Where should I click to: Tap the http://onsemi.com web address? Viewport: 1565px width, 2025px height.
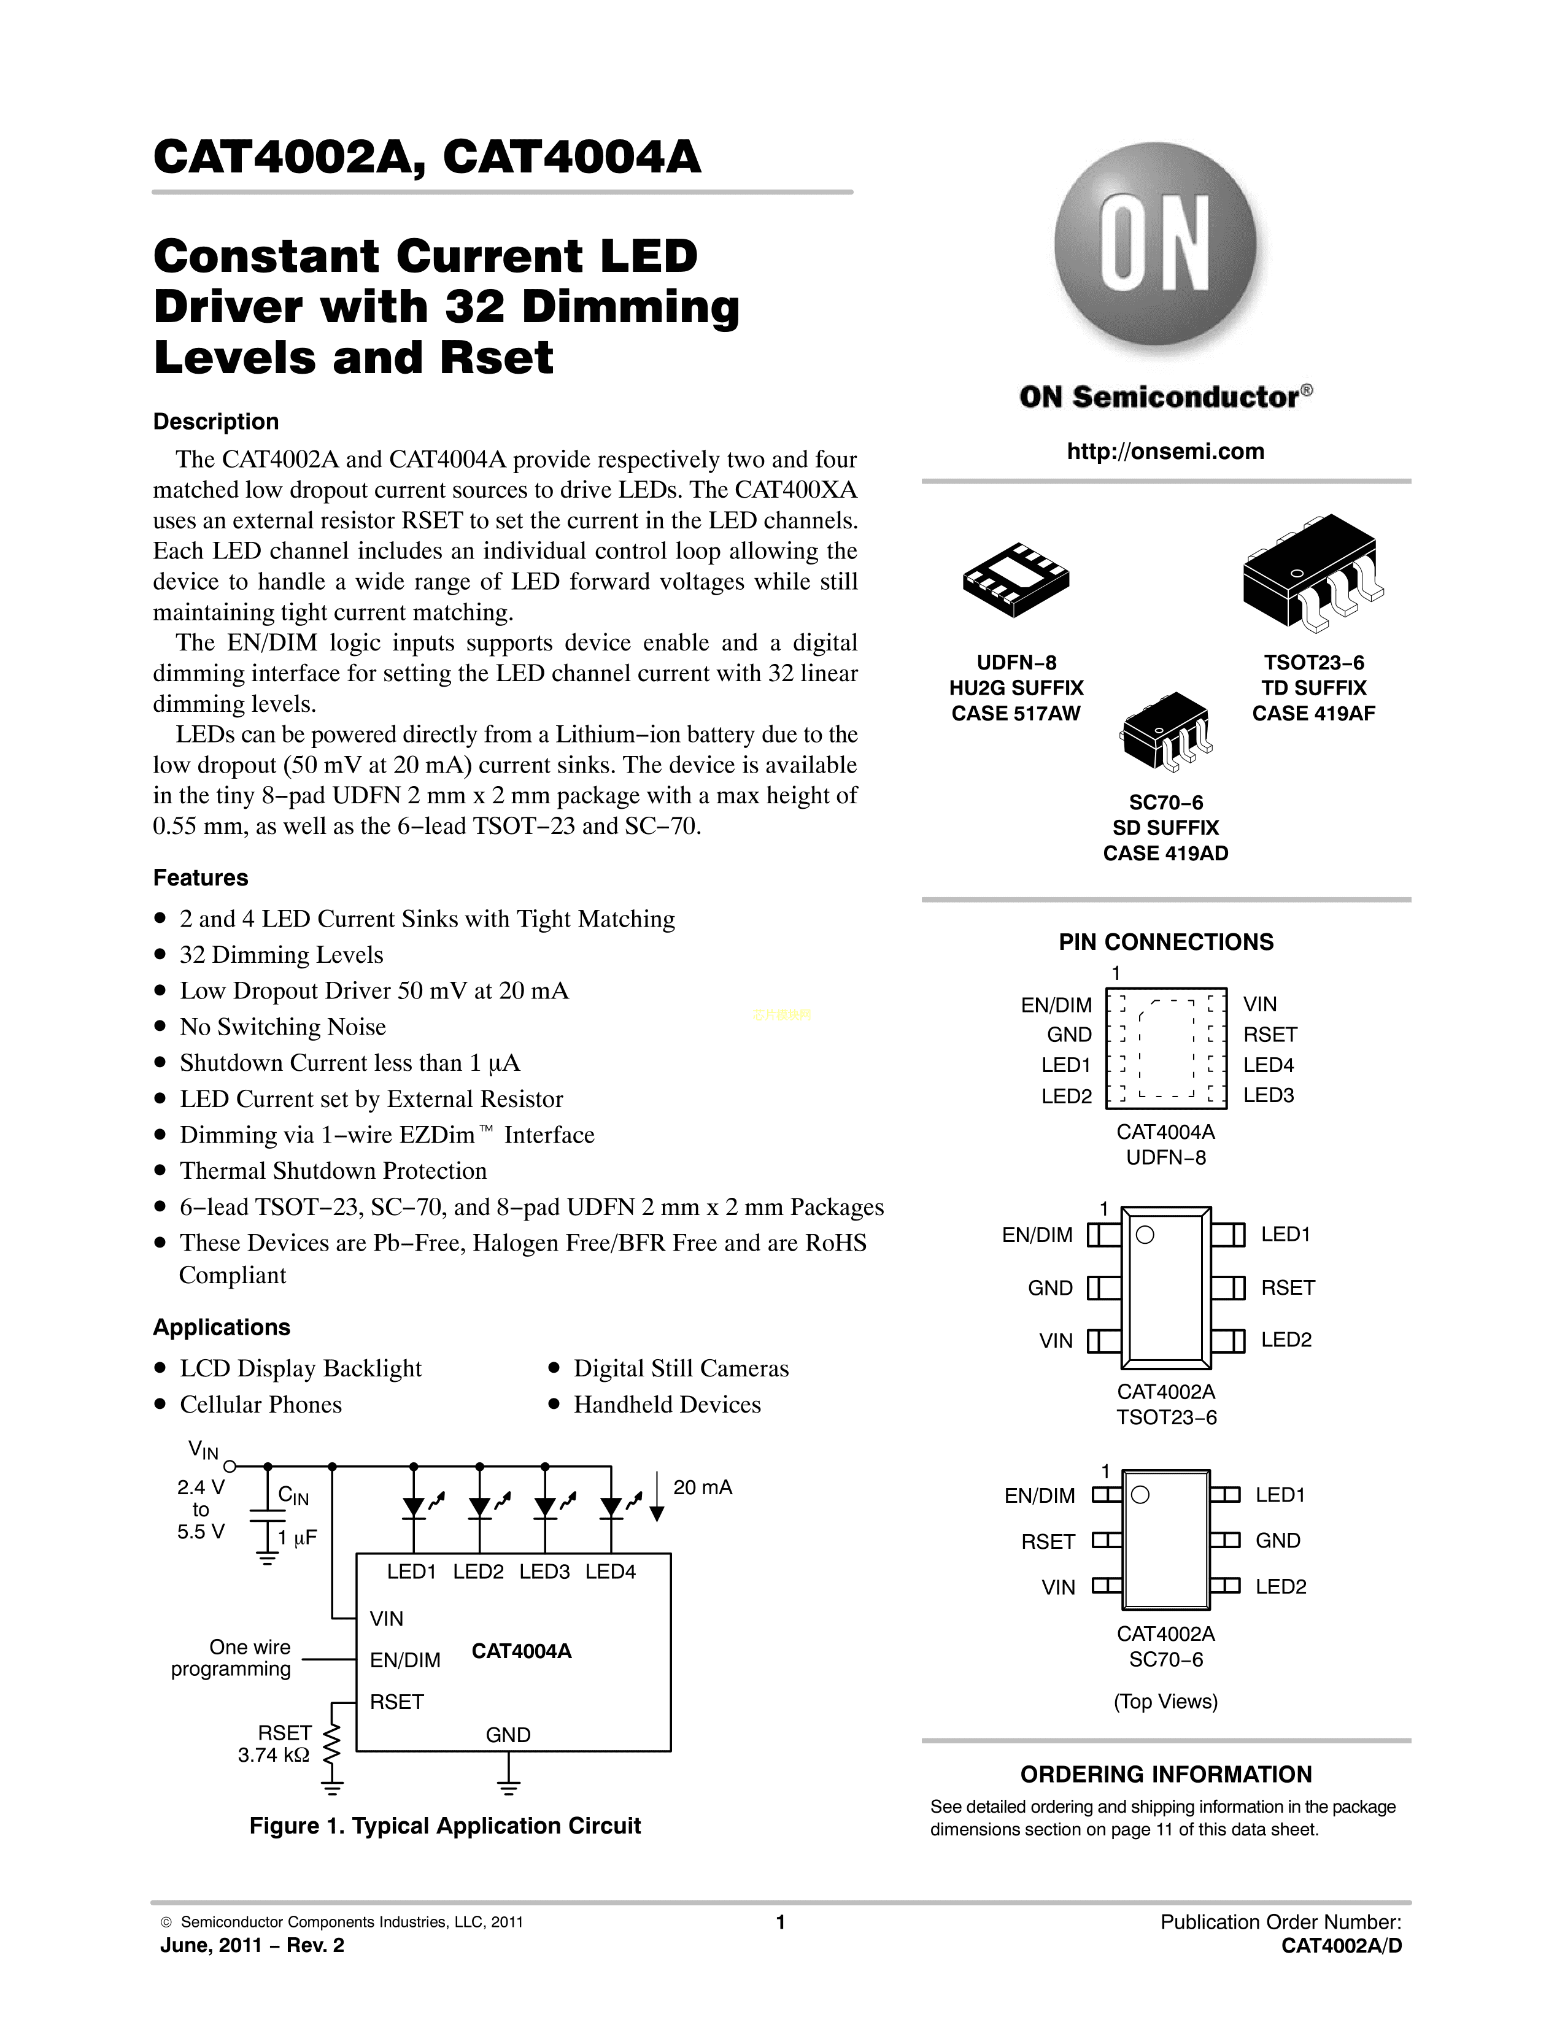tap(1165, 452)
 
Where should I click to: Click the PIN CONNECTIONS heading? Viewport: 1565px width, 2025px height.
tap(1165, 942)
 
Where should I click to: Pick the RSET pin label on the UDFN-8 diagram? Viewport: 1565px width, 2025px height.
tap(1270, 1035)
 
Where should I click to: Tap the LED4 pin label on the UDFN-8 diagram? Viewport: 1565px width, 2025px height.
tap(1269, 1065)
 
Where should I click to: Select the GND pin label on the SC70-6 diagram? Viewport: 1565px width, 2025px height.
tap(1278, 1540)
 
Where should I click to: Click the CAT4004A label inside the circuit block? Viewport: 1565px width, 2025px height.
tap(521, 1651)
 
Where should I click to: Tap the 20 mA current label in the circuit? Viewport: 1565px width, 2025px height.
tap(703, 1488)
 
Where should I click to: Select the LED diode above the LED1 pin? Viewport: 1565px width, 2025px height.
tap(414, 1506)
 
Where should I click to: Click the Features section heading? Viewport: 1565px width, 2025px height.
tap(200, 878)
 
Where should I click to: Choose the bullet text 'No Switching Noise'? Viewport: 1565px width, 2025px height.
tap(283, 1027)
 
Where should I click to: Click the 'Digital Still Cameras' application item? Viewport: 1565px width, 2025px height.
tap(681, 1368)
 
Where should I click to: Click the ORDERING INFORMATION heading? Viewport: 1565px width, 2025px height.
tap(1165, 1775)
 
